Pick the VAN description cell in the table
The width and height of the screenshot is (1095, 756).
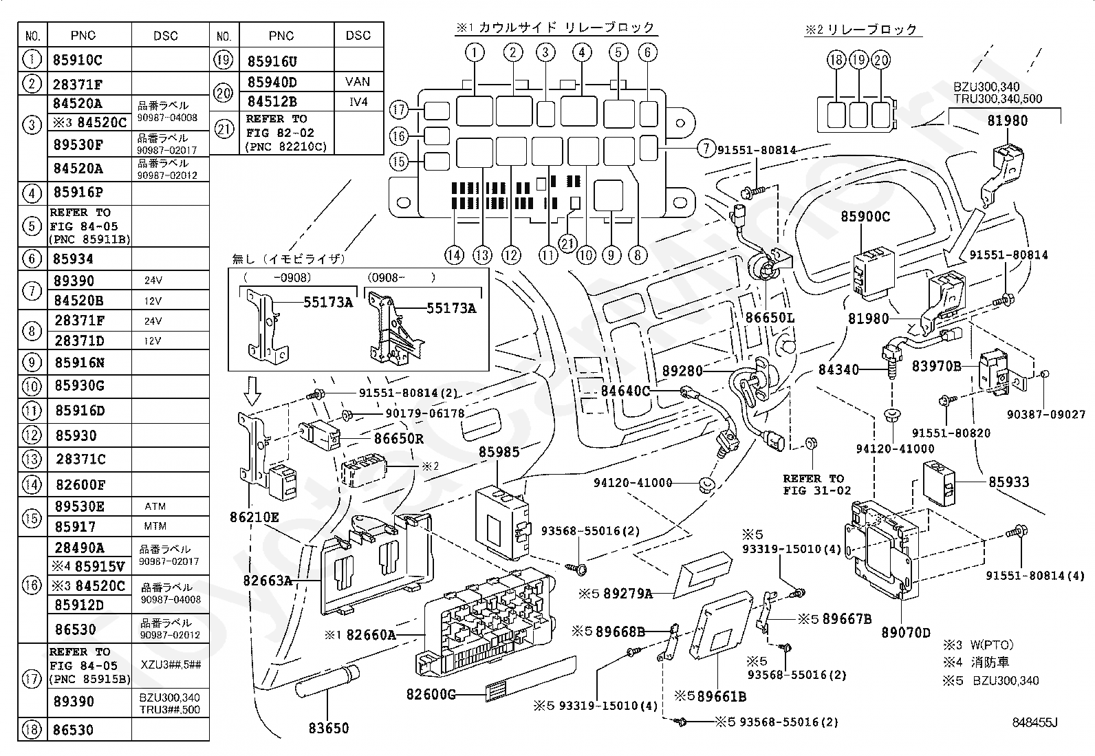click(358, 82)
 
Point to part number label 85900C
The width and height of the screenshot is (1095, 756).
click(865, 217)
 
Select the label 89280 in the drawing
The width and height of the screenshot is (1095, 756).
click(682, 371)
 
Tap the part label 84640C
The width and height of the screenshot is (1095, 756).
click(625, 391)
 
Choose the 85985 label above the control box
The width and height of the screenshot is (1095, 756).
click(499, 453)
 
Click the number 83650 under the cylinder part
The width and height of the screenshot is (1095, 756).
click(328, 728)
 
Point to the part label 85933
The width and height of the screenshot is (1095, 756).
click(1009, 482)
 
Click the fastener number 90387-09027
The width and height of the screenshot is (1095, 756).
click(1046, 415)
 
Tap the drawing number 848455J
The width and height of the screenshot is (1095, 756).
click(1034, 722)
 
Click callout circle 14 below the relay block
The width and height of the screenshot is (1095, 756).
click(454, 256)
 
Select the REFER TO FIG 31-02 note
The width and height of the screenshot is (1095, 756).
click(816, 484)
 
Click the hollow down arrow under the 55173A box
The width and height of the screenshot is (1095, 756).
click(253, 393)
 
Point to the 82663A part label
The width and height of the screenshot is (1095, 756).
click(267, 581)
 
